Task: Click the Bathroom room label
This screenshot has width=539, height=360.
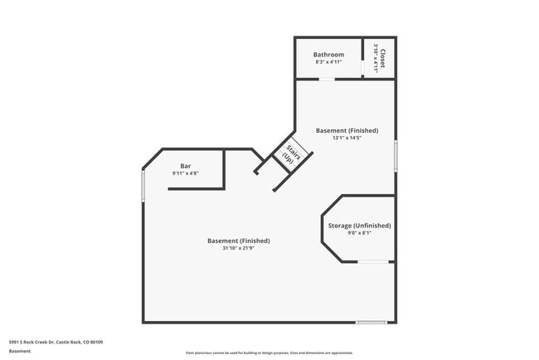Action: [328, 55]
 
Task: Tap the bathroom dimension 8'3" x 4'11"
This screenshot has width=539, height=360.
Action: [328, 63]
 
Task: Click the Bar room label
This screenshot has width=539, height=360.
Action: [186, 166]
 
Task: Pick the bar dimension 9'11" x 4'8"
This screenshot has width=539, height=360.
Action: [186, 173]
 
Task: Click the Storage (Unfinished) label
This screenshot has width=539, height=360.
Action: [359, 226]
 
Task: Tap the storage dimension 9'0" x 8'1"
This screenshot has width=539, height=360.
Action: [359, 234]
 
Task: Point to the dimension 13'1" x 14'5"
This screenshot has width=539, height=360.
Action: [347, 138]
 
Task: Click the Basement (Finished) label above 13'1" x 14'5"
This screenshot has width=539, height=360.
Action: [347, 130]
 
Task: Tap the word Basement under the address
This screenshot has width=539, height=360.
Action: [20, 351]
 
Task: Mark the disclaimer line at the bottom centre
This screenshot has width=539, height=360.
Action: [269, 353]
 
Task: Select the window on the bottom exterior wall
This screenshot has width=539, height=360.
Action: [371, 322]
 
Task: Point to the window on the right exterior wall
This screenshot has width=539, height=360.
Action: [396, 155]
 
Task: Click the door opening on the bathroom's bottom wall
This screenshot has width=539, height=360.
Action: [328, 79]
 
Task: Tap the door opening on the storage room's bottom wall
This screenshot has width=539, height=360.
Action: [374, 262]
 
